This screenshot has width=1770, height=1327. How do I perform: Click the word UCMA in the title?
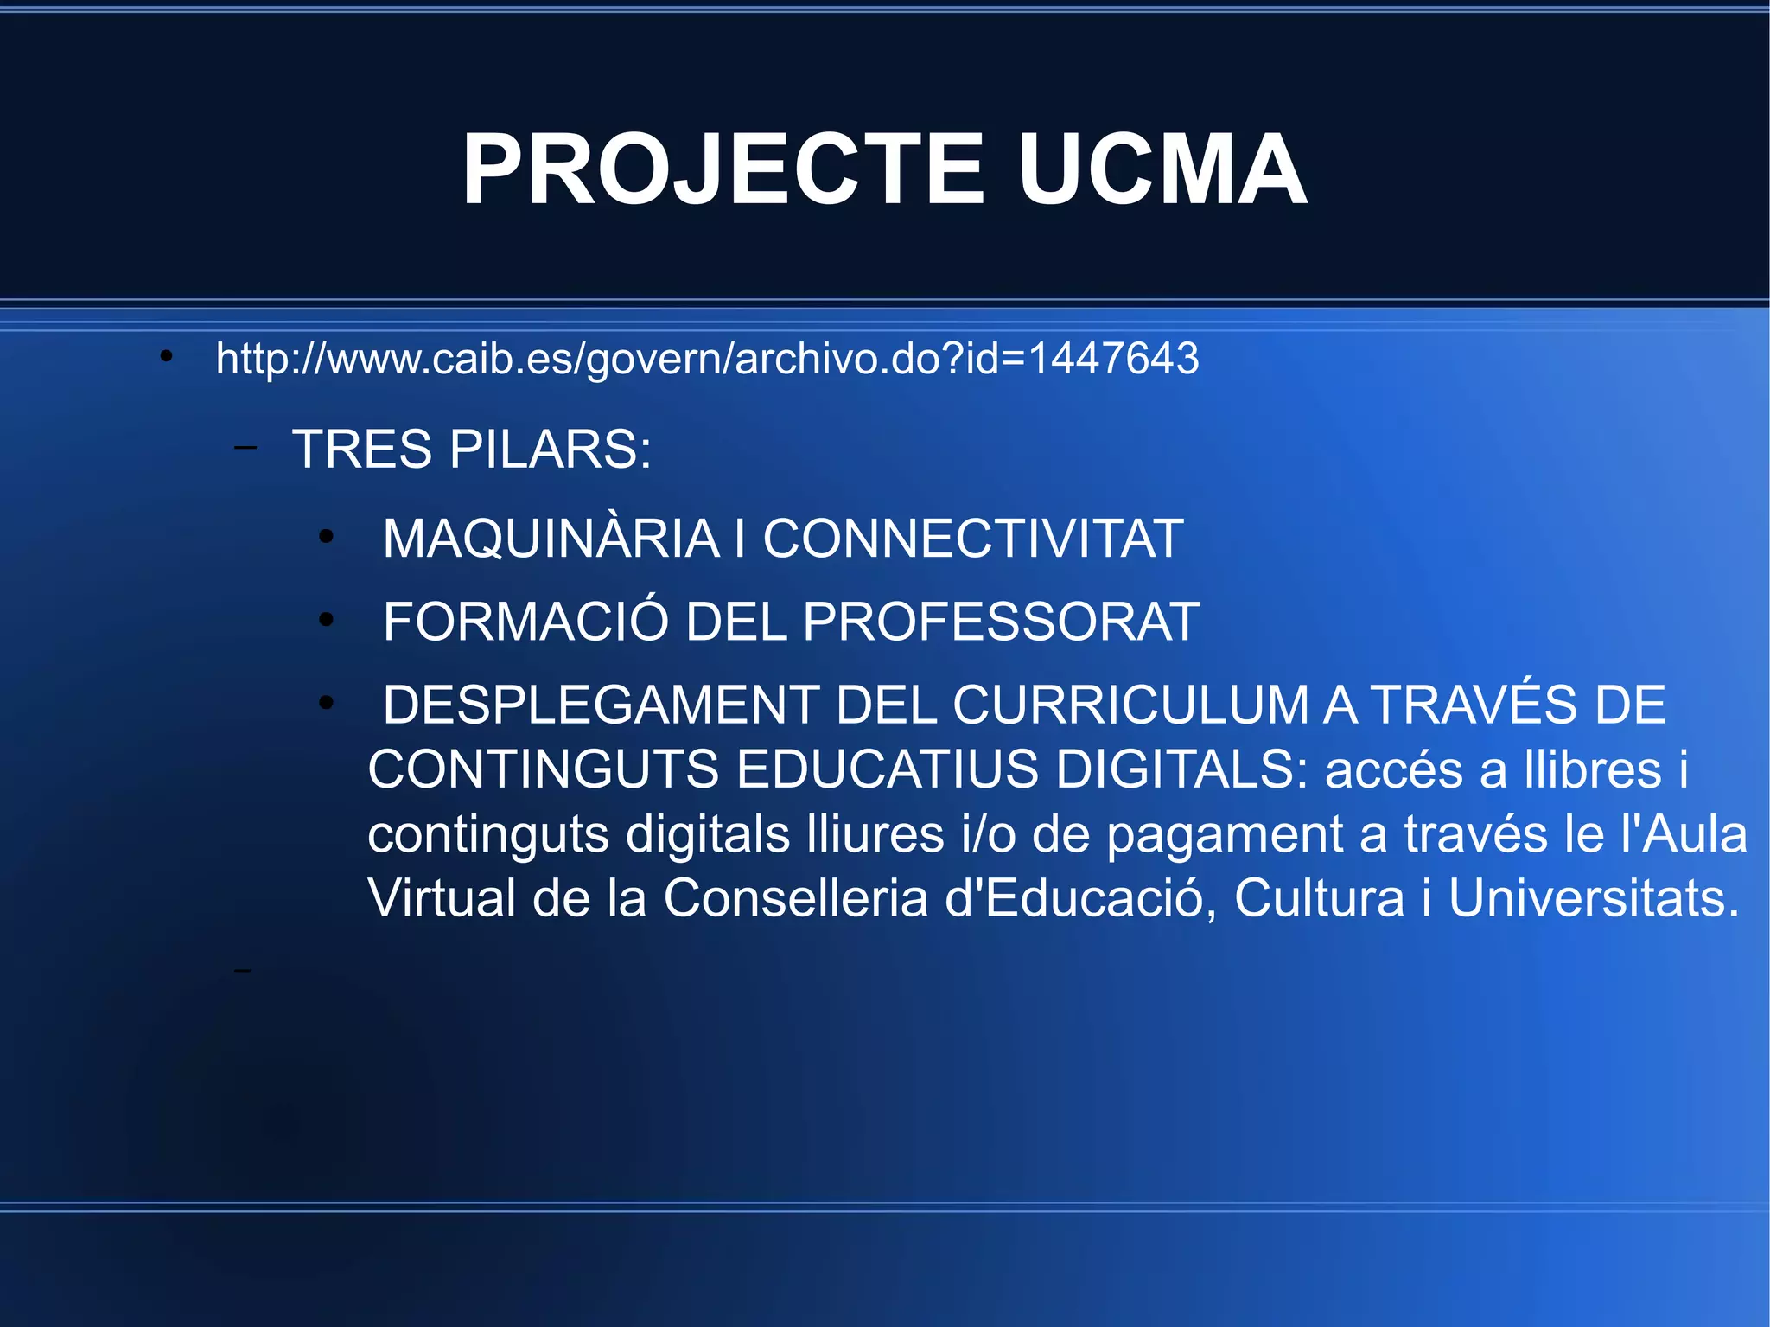[1162, 170]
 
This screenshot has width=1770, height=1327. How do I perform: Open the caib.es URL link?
[707, 359]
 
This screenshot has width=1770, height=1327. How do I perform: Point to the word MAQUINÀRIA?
[551, 539]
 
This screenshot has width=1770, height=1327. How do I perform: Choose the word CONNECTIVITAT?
[972, 539]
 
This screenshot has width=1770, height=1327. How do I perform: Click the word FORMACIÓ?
[525, 622]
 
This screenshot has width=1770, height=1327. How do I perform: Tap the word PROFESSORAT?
[1002, 622]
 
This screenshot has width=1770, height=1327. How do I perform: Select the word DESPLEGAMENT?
[601, 705]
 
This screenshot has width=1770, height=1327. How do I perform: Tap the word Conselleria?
[795, 899]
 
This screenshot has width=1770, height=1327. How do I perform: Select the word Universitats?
[1593, 899]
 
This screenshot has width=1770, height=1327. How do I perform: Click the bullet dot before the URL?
[167, 356]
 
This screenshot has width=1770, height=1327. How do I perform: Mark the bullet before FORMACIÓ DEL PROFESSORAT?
[326, 619]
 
